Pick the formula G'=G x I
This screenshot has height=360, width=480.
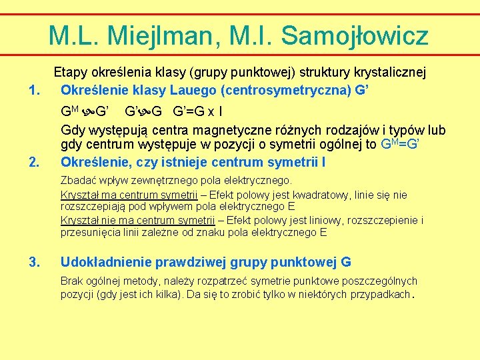198,111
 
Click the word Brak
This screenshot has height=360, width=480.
72,281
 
